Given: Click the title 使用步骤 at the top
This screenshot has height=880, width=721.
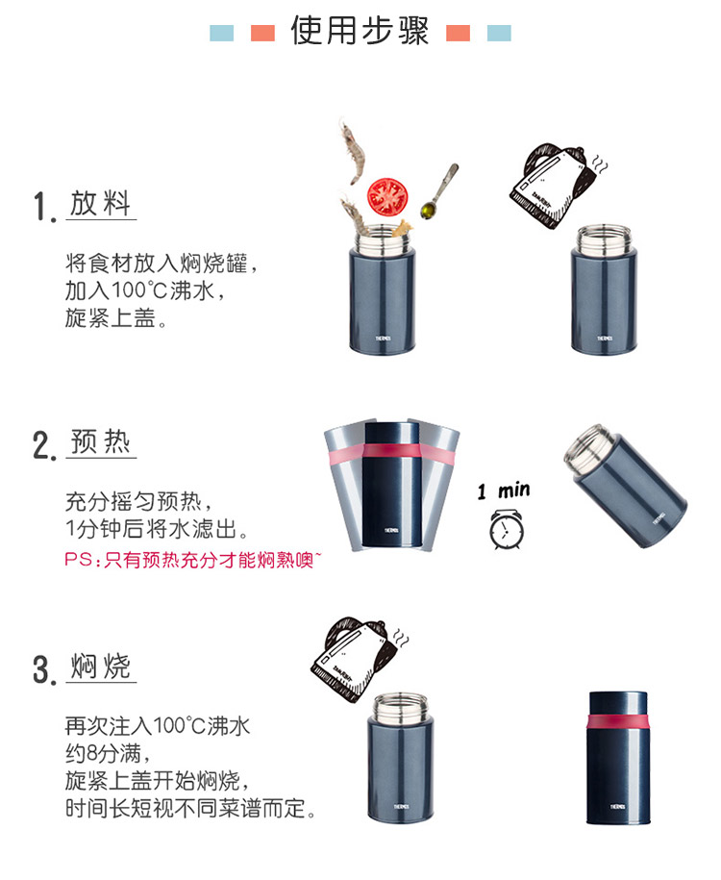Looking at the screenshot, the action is click(x=360, y=31).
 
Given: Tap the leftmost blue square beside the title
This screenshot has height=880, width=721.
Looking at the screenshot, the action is click(x=222, y=33).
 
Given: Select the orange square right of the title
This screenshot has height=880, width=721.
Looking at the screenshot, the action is click(x=458, y=33).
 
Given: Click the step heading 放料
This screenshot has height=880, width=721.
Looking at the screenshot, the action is click(x=100, y=203).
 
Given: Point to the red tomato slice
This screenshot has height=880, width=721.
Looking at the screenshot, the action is click(x=387, y=196).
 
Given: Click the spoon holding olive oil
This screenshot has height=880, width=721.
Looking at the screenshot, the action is click(x=438, y=191).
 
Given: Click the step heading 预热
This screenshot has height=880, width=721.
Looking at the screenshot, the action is click(x=101, y=441).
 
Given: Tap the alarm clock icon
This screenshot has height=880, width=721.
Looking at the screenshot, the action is click(x=507, y=529).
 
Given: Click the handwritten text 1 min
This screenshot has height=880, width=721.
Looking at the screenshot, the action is click(x=504, y=490).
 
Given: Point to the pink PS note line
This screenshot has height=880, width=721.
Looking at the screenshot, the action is click(x=193, y=560).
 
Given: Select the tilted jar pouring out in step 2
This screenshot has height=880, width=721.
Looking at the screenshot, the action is click(x=625, y=485).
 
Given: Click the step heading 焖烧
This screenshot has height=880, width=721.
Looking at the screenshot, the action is click(x=100, y=666).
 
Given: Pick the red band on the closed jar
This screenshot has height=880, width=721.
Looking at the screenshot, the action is click(x=618, y=721).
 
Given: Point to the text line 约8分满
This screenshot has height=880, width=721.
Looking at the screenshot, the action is click(x=108, y=753).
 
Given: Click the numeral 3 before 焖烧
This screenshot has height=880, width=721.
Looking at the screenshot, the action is click(x=41, y=669).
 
